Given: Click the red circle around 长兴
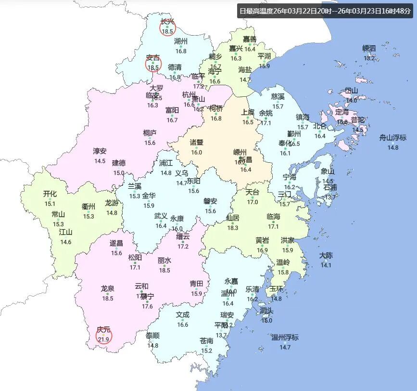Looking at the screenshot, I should (x=167, y=27).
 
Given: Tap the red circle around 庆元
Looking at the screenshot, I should (x=103, y=336).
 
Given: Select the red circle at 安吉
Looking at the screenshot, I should (x=153, y=64).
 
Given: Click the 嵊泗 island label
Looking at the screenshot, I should (x=369, y=48).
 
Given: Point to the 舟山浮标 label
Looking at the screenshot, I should (x=393, y=138).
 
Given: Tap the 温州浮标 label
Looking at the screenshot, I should (x=285, y=337).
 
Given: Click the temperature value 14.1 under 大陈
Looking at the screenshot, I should (x=326, y=265).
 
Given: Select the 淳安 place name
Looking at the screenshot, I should (x=100, y=151).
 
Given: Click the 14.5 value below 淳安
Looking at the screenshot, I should (x=100, y=161).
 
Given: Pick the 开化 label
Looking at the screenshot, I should (x=50, y=194).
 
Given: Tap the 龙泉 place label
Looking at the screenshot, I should (x=107, y=289).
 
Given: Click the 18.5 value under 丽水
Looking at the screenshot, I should (x=164, y=270).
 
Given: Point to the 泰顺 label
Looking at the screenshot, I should (x=153, y=336).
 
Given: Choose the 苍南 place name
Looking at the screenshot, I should (x=207, y=341).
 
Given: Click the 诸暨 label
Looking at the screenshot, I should (x=196, y=143).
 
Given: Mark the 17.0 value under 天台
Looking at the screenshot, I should (x=253, y=202).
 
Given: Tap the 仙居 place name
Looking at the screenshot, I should (x=233, y=218).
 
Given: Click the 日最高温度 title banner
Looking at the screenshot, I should (x=326, y=11).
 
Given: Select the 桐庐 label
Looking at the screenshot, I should (x=150, y=133).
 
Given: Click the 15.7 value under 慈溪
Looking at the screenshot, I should (x=278, y=106).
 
